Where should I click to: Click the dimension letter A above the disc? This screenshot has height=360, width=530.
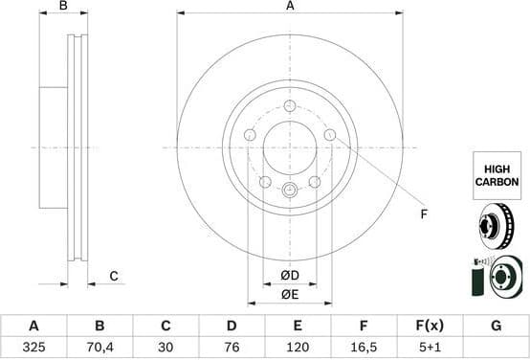(290, 7)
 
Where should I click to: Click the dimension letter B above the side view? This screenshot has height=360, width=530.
(63, 7)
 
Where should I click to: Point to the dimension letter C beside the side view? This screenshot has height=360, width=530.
(112, 277)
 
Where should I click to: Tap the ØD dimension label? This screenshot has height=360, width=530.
(290, 277)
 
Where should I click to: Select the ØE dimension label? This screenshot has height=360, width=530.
(290, 295)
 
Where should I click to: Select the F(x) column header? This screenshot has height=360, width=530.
(430, 326)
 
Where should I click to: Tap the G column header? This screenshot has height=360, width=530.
(496, 326)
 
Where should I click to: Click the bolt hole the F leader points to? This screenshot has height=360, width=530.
(330, 135)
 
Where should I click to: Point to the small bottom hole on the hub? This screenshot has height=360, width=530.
(290, 190)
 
